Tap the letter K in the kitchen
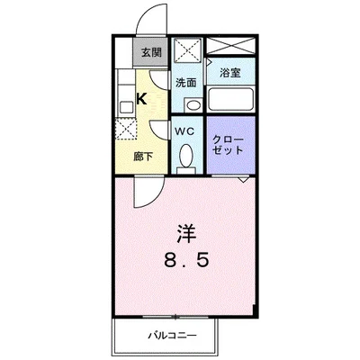(x=141, y=100)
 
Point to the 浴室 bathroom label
(x=230, y=70)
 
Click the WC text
(x=184, y=130)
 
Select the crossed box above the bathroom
(x=230, y=47)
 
